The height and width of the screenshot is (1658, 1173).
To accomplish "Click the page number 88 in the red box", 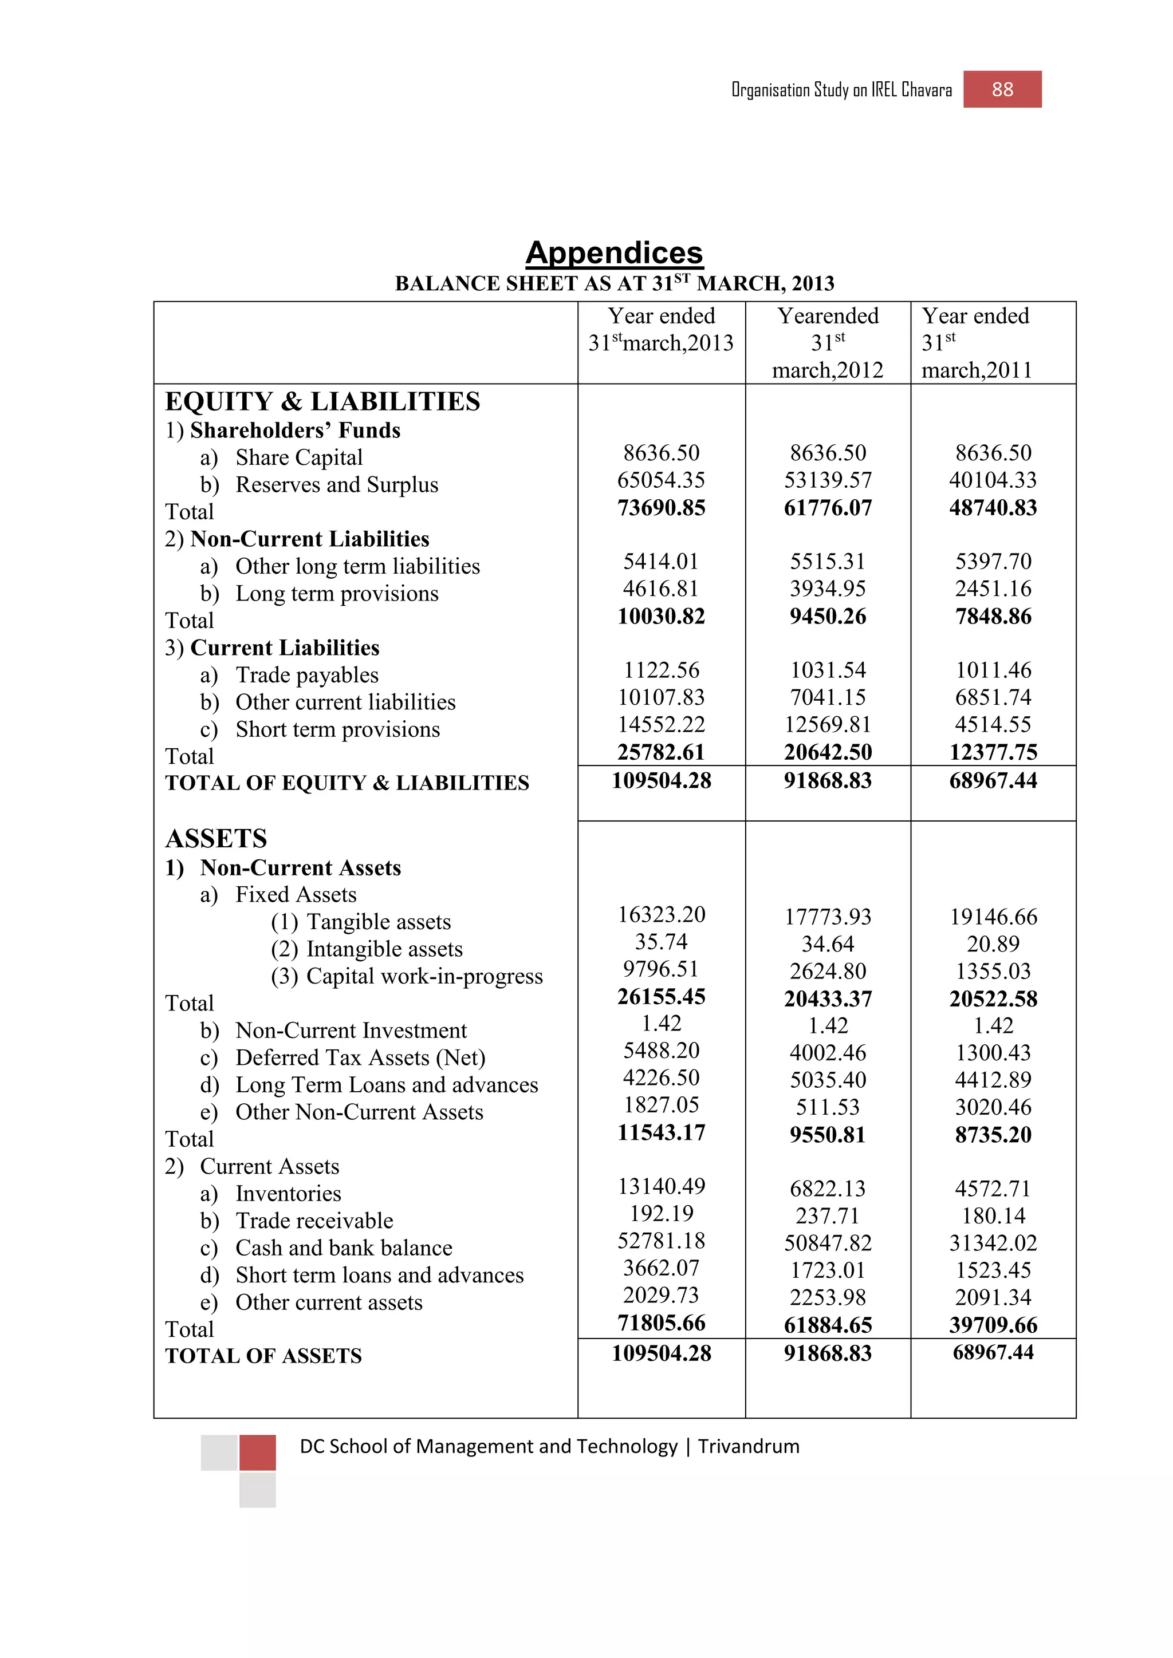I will pos(1002,89).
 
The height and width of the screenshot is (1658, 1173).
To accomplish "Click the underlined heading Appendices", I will pos(614,252).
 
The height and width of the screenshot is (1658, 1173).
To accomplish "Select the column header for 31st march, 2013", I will pos(661,329).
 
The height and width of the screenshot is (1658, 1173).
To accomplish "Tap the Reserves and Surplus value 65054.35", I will pos(661,480).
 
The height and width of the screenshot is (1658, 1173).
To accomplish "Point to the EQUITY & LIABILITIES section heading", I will pos(322,401).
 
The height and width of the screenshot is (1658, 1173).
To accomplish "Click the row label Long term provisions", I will pos(337,594).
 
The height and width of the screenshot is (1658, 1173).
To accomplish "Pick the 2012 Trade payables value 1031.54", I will pos(828,670).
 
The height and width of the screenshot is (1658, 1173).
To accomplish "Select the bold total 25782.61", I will pos(661,752).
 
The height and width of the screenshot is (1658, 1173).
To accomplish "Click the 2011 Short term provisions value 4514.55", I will pos(993,725).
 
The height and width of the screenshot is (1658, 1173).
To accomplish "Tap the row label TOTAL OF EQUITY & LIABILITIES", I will pos(347,783).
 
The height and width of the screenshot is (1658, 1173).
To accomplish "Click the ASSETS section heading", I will pos(216,838).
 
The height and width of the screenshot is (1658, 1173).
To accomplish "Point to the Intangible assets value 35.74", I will pos(661,942).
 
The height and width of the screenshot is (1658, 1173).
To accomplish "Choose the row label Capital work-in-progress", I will pos(424,976).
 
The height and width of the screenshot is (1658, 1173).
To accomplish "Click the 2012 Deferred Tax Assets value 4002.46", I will pos(828,1053).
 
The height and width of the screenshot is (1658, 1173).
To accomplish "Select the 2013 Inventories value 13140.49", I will pos(661,1186).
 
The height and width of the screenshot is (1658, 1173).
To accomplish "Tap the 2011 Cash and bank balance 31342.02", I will pos(993,1243).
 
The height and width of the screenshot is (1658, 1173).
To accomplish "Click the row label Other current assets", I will pos(329,1302).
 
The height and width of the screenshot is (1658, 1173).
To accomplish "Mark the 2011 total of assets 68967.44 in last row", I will pos(993,1352).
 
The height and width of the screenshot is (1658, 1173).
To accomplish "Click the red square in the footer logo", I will pos(257,1452).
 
